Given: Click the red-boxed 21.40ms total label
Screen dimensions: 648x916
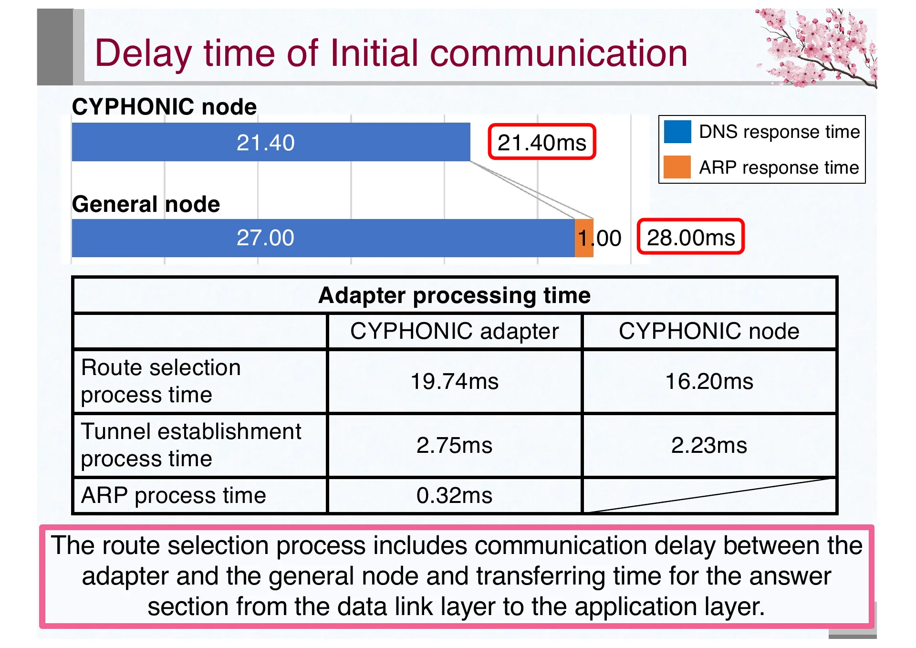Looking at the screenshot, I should coord(541,142).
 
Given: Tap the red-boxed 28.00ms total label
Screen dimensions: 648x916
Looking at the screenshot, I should coord(690,237).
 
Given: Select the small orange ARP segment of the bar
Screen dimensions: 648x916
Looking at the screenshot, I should coord(584,238).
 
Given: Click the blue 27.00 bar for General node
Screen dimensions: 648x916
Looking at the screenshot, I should coord(323,238).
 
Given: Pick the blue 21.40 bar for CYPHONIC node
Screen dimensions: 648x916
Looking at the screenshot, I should coord(271,142).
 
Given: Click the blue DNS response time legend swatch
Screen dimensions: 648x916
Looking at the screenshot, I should coord(677,132).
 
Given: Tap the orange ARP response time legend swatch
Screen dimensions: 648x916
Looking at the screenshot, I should coord(677,167).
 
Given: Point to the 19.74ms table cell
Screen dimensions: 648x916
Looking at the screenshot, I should coord(454,381).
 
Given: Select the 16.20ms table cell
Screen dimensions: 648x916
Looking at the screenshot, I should coord(709,381).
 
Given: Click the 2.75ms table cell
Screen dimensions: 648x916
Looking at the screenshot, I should coord(454,445).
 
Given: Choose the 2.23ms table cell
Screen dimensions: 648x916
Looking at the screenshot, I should coord(709,445).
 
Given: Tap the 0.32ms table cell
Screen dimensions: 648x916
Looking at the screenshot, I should coord(454,495).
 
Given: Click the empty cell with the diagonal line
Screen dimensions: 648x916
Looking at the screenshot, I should coord(709,495).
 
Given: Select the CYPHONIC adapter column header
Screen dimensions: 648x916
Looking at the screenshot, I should coord(454,331).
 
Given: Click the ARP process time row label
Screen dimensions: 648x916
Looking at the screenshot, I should coord(174,495).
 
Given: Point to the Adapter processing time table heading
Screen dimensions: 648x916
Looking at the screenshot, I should coord(454,295).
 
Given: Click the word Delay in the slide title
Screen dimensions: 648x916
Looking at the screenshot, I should coord(143,53).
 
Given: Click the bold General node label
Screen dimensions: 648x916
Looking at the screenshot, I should coord(146,204).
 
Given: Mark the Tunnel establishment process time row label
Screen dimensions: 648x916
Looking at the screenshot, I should coord(191,445).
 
